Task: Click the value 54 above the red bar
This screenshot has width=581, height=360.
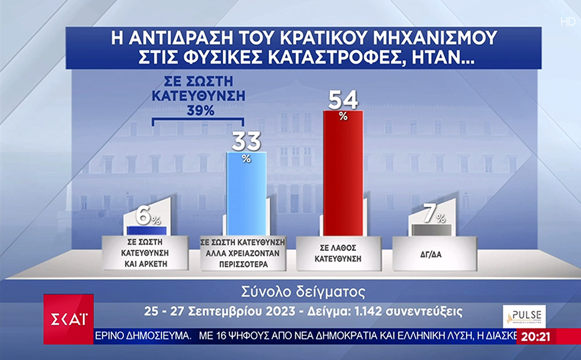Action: click(x=343, y=100)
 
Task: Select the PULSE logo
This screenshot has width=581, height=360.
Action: click(x=524, y=316)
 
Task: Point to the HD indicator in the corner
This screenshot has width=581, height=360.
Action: click(x=568, y=22)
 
